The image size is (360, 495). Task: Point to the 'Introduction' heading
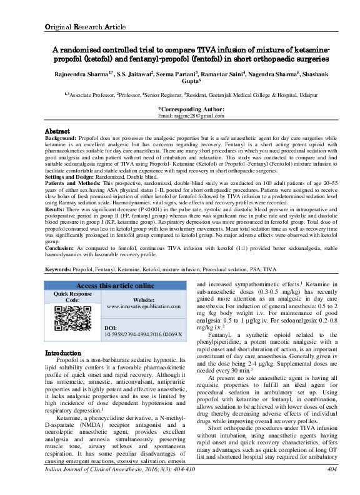click(63, 353)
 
